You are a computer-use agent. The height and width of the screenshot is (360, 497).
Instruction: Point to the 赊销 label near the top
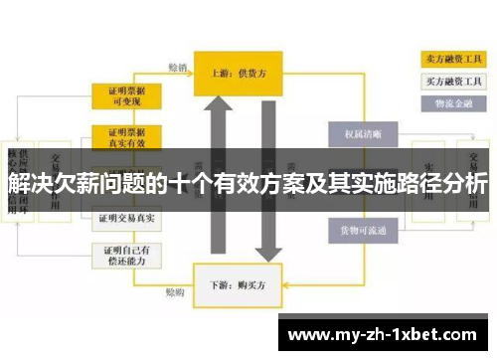coord(176,68)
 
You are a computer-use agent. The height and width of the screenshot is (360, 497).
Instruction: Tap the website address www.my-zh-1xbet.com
coord(387,335)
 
